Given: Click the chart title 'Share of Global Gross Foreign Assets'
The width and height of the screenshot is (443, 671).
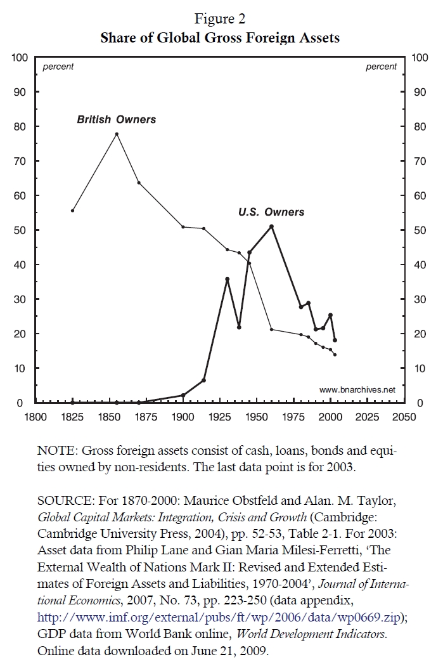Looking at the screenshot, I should point(220,38).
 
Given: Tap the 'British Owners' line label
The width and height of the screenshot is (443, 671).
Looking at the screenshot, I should point(117,119).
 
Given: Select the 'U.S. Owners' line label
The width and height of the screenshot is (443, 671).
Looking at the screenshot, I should point(271,212).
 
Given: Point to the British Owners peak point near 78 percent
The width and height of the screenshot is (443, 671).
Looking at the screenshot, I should point(117,134).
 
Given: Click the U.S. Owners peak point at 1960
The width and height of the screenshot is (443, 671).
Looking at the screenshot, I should point(271,226).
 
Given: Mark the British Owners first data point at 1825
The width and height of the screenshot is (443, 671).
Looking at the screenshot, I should point(72,211).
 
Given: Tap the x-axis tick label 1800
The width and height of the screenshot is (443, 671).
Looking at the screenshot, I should point(35,417).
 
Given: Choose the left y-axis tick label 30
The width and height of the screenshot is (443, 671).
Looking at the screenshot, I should point(21,299).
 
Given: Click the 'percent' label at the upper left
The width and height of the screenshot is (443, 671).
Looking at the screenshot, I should point(58,67).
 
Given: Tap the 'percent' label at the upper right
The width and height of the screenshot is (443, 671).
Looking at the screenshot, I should point(381,67).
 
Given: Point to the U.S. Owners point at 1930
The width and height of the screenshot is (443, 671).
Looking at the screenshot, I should point(227,279).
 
